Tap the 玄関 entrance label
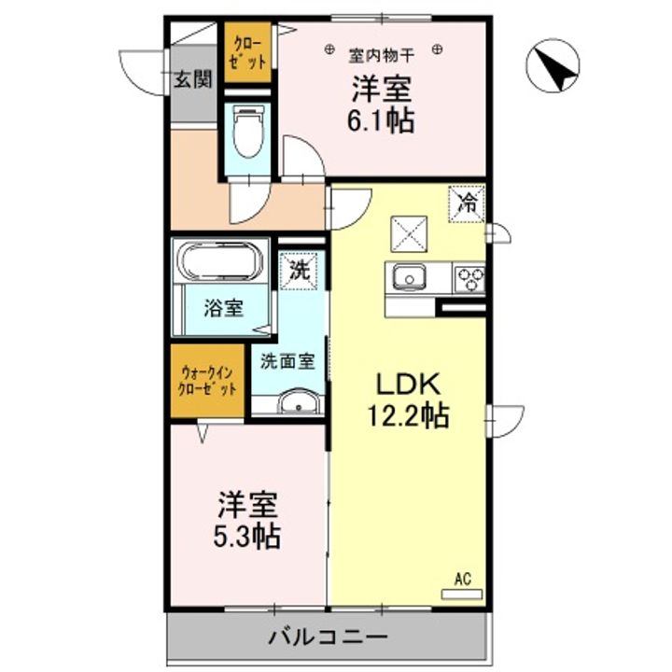point(191,78)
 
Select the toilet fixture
point(247,133)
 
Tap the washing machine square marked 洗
point(300,273)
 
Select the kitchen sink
point(408,277)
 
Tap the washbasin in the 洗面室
point(298,403)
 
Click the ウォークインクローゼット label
point(207,382)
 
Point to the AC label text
point(462,578)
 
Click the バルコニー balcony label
point(327,639)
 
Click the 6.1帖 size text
point(383,120)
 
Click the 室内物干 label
point(383,50)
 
